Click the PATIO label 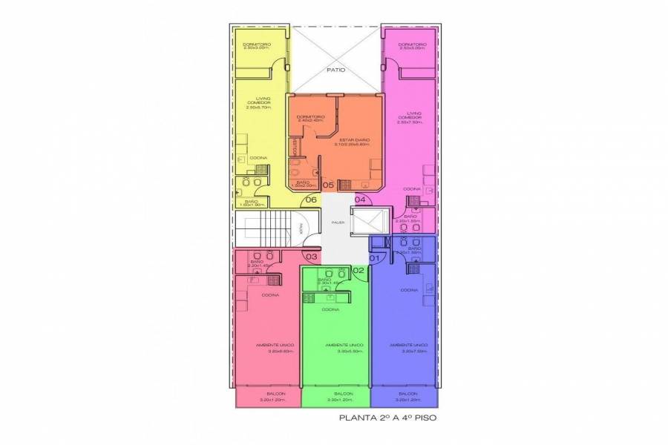[336, 70]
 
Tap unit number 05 [327, 185]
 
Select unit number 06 [311, 200]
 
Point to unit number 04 [360, 200]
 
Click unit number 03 [312, 257]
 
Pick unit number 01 [374, 257]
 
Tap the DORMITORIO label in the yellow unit [257, 44]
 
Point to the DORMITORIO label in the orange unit [310, 116]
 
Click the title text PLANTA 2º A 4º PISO [387, 418]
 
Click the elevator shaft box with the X [369, 222]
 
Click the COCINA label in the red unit [270, 294]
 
